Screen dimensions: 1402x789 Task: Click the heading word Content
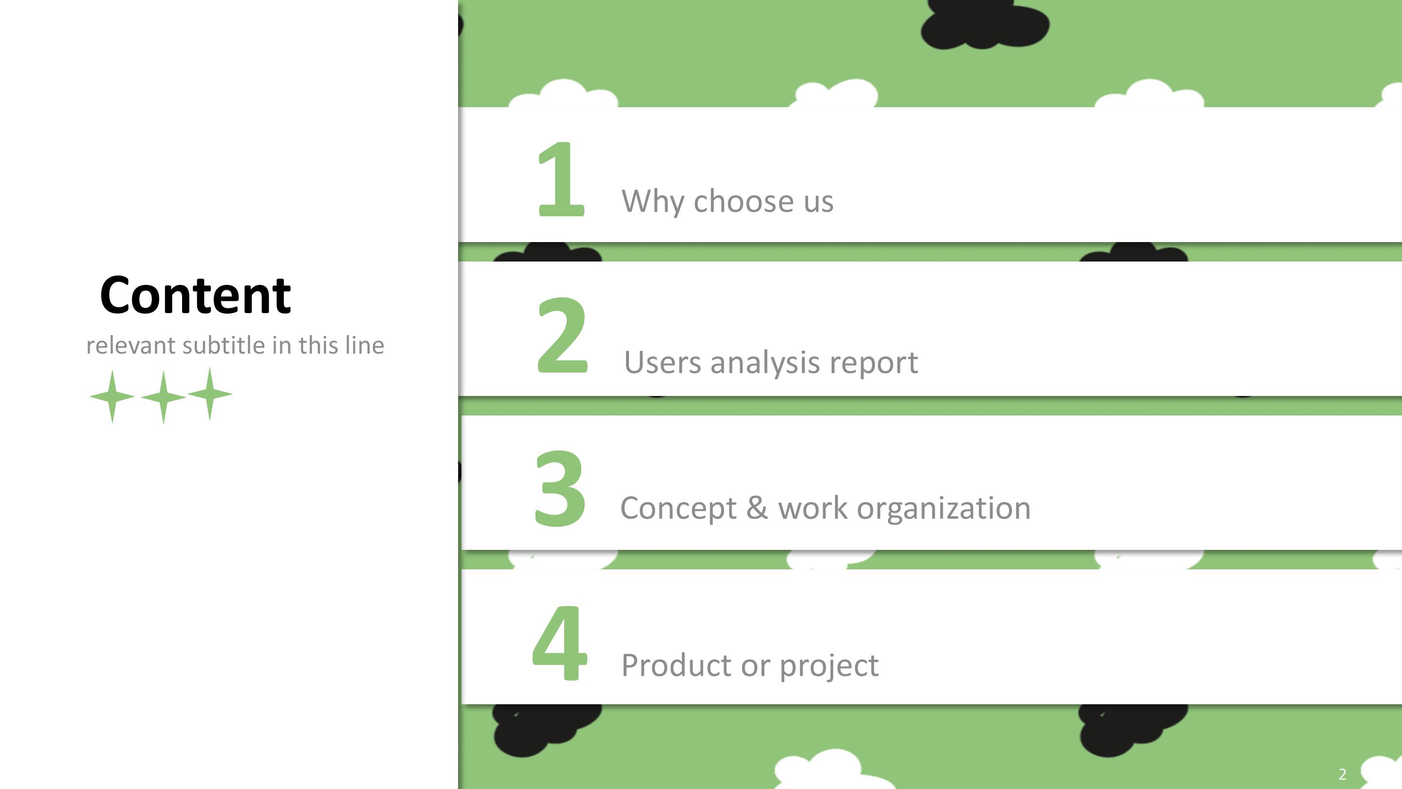[x=195, y=295]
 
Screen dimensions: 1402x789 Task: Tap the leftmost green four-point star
[x=112, y=396]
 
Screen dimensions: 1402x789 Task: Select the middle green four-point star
[x=163, y=396]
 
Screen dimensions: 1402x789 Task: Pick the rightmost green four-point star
[x=210, y=394]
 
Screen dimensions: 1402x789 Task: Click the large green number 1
[x=561, y=178]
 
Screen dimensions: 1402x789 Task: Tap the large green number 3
[x=560, y=488]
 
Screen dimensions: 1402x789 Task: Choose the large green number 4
[x=559, y=643]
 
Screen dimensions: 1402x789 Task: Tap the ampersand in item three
[x=757, y=507]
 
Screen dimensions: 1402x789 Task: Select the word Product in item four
[x=677, y=665]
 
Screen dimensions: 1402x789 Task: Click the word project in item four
[x=829, y=666]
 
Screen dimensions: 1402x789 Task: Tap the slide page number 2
[x=1343, y=774]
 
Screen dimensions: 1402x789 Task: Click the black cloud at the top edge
[x=984, y=24]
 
